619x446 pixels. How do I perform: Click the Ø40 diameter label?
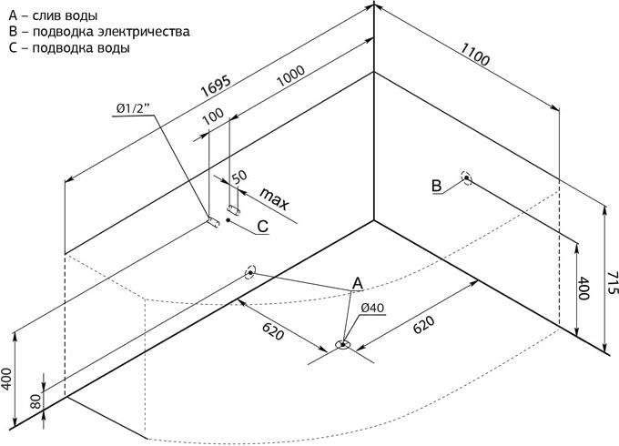click(371, 309)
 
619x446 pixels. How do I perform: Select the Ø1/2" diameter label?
click(134, 109)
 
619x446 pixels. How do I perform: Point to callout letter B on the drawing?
click(436, 188)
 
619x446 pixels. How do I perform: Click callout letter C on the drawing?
click(261, 227)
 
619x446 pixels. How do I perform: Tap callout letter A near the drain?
click(358, 283)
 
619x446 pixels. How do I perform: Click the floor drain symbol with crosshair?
click(342, 345)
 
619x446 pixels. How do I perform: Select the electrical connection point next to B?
click(466, 178)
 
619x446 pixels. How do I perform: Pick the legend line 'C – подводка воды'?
click(68, 48)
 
